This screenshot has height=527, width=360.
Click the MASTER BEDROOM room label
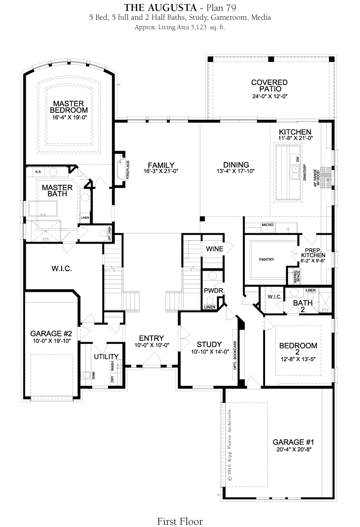coord(69,107)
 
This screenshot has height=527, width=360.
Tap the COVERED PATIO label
coord(270,85)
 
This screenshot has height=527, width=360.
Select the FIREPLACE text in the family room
coord(128,170)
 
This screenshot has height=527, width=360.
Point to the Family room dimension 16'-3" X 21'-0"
coord(161,171)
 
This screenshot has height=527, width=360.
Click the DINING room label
coord(236,165)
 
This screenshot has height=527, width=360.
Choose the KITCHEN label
coord(295,132)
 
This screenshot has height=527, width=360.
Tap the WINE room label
coord(215,249)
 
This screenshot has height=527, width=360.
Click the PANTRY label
coord(266,259)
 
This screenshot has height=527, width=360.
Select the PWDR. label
coord(214,290)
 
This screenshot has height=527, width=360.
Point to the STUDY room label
coord(209,344)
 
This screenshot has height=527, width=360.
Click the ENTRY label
coord(151,338)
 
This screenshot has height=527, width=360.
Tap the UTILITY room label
coord(106,356)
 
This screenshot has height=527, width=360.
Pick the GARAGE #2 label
coord(51,333)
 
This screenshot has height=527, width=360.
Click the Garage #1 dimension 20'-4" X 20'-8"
coord(294,449)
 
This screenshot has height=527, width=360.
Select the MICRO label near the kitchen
coord(267,225)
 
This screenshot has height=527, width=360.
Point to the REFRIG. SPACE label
coord(297,276)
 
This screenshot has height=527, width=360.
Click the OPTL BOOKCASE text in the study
coord(235,355)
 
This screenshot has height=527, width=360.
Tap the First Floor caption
coord(180,521)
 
